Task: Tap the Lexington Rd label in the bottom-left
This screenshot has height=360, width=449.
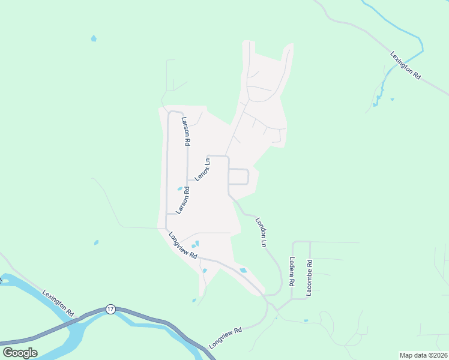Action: click(58, 303)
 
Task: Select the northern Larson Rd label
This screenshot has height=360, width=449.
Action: click(186, 131)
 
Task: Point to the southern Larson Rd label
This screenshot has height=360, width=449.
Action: click(182, 201)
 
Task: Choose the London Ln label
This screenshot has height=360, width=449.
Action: click(261, 232)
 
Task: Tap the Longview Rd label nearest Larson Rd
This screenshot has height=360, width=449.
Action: click(183, 245)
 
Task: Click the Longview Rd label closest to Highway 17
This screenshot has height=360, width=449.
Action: click(225, 338)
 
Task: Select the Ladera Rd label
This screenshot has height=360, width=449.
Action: click(292, 271)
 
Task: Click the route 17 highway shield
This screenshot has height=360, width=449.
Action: click(110, 308)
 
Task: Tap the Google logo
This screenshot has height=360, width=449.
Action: click(20, 353)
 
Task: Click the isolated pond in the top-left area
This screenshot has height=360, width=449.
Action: click(93, 38)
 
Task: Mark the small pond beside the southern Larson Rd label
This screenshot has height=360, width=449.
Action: click(179, 189)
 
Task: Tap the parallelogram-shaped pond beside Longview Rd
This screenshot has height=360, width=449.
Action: click(243, 271)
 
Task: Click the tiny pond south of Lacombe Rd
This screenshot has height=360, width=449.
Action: click(306, 320)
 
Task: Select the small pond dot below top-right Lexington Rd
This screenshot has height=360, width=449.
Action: click(392, 99)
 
